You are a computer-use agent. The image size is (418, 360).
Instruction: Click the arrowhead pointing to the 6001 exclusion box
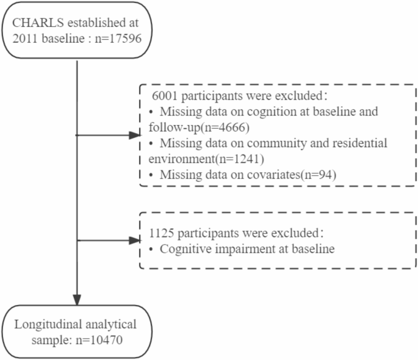134,134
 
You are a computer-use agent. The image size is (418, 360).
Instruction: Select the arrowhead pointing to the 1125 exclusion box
134,240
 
